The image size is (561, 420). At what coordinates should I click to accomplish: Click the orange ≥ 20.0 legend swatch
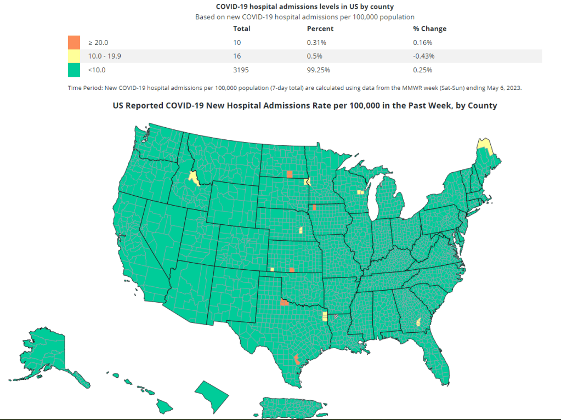(73, 42)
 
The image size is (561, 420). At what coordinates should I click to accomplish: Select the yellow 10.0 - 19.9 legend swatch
(73, 56)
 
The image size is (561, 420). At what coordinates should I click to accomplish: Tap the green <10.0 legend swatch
(73, 70)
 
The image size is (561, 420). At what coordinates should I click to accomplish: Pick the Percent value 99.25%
(319, 70)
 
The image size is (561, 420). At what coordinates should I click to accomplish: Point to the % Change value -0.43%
(423, 56)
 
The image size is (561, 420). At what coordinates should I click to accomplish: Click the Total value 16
(237, 56)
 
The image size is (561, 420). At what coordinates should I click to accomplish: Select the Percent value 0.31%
(316, 42)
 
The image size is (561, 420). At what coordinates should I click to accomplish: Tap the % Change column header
(429, 29)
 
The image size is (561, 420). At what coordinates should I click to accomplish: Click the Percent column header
(320, 29)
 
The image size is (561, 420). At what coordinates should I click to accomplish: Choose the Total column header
(242, 29)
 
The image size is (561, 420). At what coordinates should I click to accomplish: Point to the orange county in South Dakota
(290, 174)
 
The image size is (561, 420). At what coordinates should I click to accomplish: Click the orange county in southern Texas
(297, 359)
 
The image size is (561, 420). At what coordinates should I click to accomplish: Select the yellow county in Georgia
(420, 322)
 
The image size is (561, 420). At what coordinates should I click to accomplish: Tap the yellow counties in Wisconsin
(360, 192)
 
